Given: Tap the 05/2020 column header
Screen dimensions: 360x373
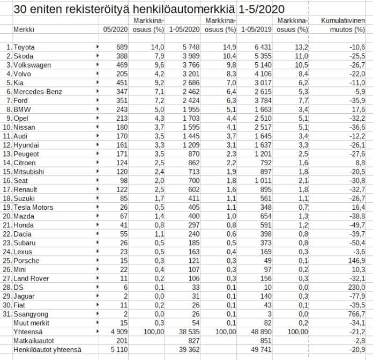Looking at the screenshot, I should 116,29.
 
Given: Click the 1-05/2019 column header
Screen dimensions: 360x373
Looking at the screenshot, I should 257,29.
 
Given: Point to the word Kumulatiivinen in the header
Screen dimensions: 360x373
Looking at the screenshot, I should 342,20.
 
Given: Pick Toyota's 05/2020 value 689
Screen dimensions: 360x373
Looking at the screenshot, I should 121,48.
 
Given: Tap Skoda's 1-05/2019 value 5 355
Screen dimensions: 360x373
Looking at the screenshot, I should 263,56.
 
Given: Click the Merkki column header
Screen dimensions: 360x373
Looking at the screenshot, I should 23,29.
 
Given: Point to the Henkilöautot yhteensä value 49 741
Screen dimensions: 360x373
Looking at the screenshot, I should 262,350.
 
